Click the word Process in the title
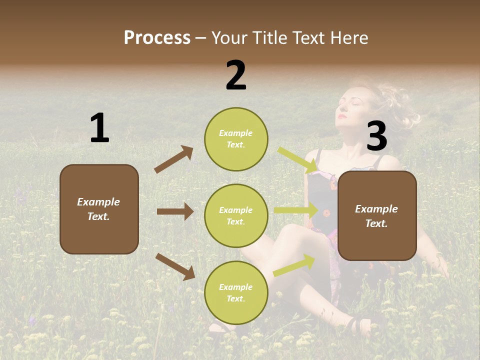click(x=157, y=38)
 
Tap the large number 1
click(x=99, y=128)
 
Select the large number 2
click(x=236, y=75)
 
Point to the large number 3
click(x=376, y=136)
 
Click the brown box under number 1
click(x=99, y=209)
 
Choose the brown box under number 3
click(x=377, y=216)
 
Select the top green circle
click(x=236, y=139)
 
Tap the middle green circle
click(x=236, y=216)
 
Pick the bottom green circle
click(x=236, y=293)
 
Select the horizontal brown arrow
click(x=175, y=211)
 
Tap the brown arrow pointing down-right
click(x=175, y=266)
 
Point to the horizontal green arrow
click(x=296, y=210)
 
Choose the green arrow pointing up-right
click(x=294, y=265)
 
